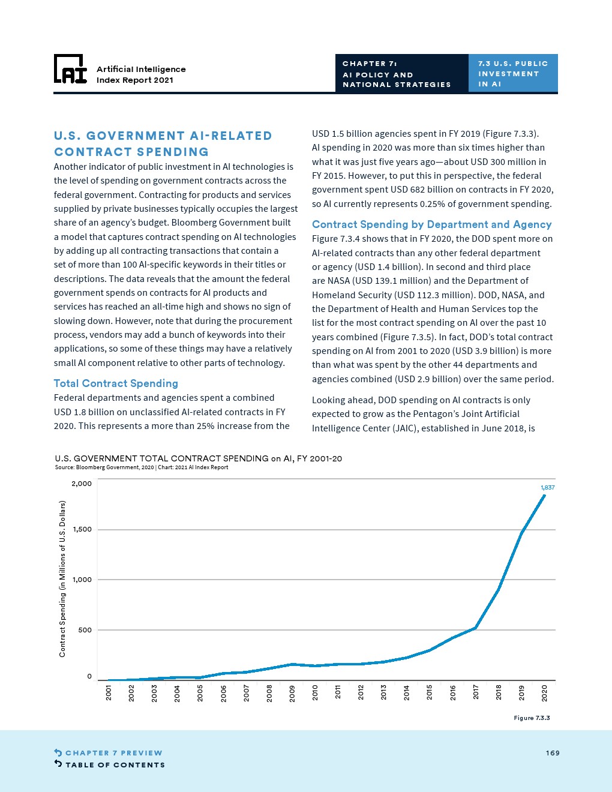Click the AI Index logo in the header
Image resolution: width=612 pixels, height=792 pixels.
click(x=70, y=69)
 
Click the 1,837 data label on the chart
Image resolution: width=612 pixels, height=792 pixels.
click(x=547, y=488)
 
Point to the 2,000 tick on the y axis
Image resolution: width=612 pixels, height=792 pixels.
click(x=82, y=484)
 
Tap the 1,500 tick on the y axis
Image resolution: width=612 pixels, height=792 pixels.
click(x=82, y=530)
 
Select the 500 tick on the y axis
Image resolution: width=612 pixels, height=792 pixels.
click(x=85, y=630)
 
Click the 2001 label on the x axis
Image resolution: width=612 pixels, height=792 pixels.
click(x=109, y=692)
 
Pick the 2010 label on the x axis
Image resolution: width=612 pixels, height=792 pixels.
click(x=315, y=692)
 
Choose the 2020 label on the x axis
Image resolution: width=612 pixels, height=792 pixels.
click(x=544, y=692)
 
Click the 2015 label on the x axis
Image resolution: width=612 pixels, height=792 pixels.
click(x=430, y=692)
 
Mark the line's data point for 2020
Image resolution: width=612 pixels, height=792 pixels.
click(x=544, y=496)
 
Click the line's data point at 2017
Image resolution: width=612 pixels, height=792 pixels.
click(x=476, y=628)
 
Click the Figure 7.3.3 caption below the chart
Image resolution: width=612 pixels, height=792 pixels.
click(x=532, y=718)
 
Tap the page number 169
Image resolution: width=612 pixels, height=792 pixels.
click(x=553, y=753)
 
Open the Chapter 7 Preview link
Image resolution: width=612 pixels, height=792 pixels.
click(x=109, y=753)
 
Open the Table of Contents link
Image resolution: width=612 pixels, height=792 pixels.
click(x=110, y=765)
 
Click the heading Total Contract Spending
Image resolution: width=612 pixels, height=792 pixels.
click(x=116, y=383)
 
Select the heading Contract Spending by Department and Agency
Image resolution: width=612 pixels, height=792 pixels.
click(x=431, y=224)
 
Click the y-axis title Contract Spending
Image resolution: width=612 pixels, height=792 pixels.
click(x=62, y=579)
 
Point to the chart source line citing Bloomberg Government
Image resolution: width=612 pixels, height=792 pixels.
click(x=141, y=467)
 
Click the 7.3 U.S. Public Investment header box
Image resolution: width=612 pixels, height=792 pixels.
click(x=513, y=73)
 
